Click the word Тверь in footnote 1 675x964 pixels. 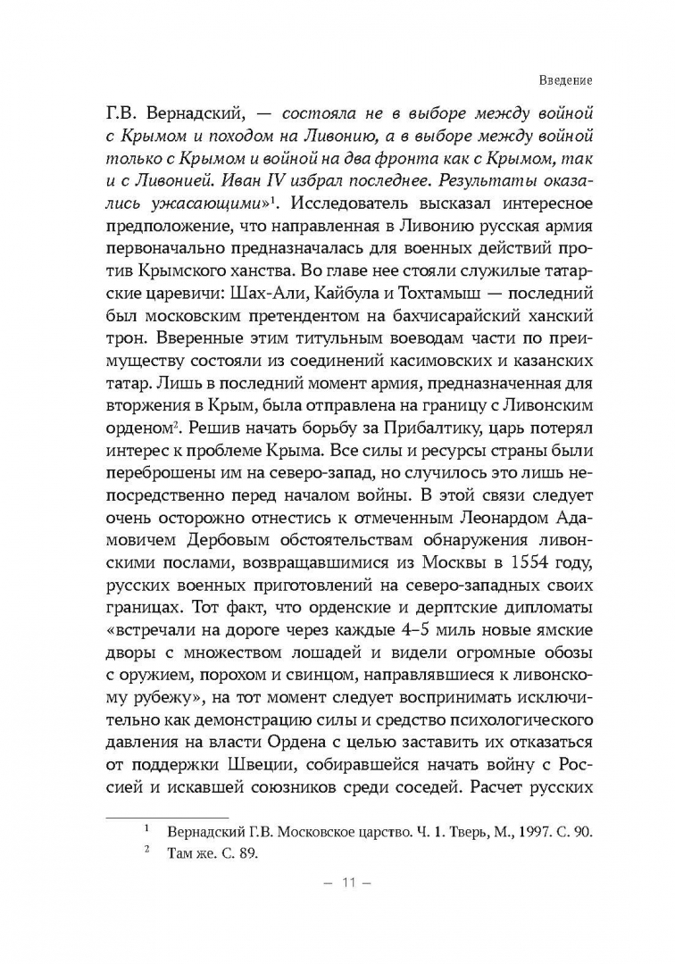click(441, 831)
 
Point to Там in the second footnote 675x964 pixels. click(180, 854)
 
